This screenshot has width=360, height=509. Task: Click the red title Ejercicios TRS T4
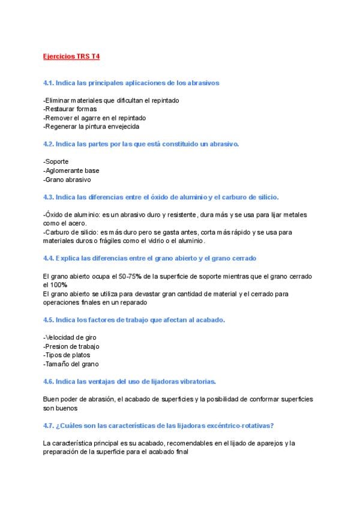click(x=71, y=56)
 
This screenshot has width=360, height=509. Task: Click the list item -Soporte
click(x=56, y=162)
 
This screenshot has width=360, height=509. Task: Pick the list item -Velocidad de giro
click(x=70, y=337)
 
